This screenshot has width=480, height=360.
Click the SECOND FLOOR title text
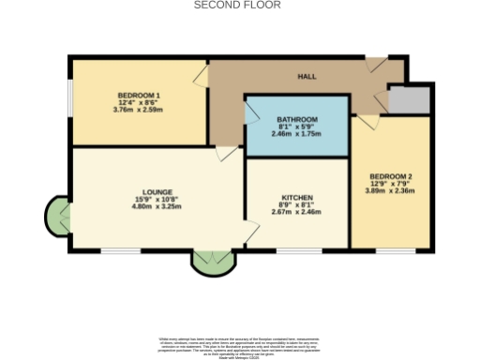click(237, 5)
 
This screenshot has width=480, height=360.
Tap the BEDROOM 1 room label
click(139, 96)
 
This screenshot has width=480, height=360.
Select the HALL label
click(307, 76)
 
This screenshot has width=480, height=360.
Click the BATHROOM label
click(296, 120)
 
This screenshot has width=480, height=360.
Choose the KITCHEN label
click(296, 198)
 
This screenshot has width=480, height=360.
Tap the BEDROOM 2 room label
click(390, 176)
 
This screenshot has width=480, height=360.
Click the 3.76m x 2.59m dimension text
click(139, 110)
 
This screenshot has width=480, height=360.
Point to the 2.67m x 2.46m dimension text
click(296, 212)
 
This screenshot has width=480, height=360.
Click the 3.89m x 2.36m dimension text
click(390, 191)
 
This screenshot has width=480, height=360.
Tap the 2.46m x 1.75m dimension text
click(296, 134)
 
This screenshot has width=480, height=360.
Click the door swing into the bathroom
click(251, 113)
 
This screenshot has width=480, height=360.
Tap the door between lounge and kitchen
click(251, 231)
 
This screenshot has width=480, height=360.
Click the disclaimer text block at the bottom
click(239, 345)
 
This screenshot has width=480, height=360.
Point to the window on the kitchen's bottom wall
click(298, 250)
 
